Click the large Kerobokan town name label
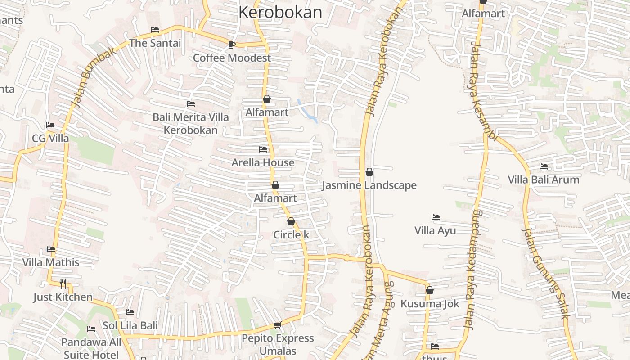pos(280,12)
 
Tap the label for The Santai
pos(155,43)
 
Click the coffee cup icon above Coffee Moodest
pos(231,44)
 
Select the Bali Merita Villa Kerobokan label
pos(190,124)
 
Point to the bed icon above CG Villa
pos(50,125)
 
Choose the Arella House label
pos(263,162)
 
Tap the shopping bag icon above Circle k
pos(291,221)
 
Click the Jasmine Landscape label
pos(369,185)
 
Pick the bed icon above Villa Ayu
pos(435,217)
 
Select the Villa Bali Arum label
pos(544,180)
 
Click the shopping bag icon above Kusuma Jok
pos(430,290)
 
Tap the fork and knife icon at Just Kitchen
pos(63,283)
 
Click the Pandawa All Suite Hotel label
pos(91,348)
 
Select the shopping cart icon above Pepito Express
pos(278,325)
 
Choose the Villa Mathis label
pos(51,262)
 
